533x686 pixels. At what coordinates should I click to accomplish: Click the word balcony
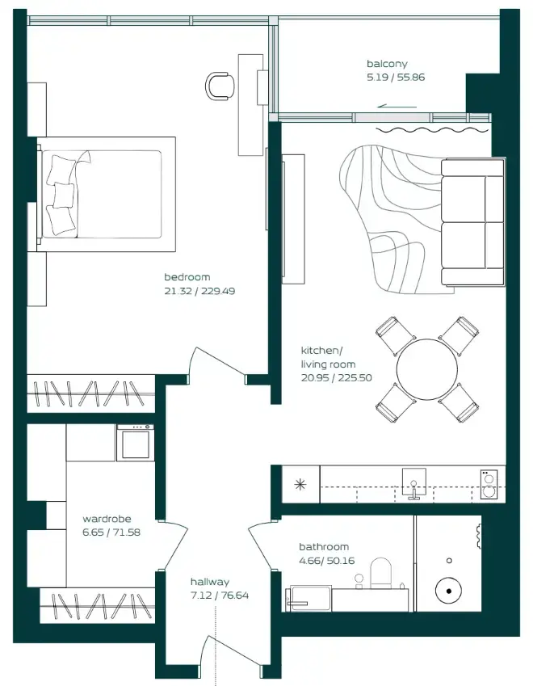point(387,64)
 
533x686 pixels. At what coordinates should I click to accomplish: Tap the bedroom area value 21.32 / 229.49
point(199,291)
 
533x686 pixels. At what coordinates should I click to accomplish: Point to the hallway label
point(210,582)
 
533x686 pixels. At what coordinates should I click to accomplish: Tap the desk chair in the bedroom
point(220,85)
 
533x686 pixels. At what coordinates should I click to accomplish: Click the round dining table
point(426,369)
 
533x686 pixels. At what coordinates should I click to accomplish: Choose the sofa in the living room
point(472,222)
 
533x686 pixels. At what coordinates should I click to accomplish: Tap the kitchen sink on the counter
point(413,482)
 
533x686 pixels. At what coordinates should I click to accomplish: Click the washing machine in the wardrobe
point(135,442)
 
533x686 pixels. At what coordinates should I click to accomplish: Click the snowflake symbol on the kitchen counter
point(300,485)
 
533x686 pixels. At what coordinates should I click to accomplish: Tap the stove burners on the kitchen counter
point(488,483)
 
